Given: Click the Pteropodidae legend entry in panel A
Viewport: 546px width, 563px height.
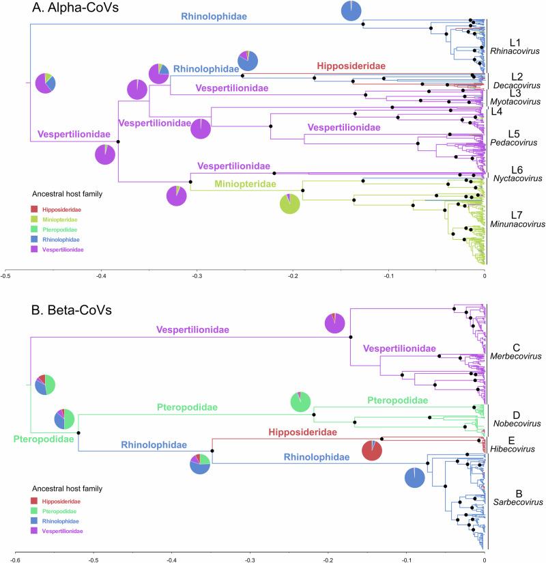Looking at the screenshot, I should [59, 230].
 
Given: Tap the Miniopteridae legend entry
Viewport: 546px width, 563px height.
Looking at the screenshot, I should [59, 220].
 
